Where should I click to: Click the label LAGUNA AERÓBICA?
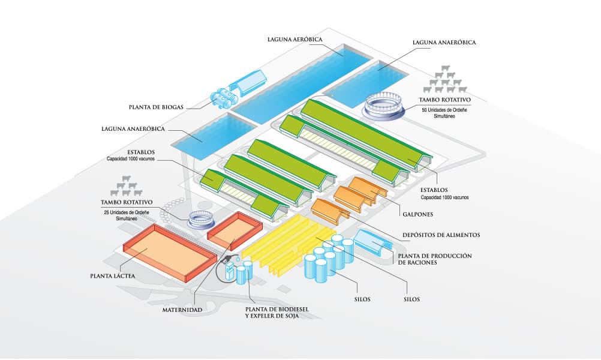(x=296, y=40)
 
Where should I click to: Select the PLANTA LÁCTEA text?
(x=113, y=276)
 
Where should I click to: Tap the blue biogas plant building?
(x=248, y=83)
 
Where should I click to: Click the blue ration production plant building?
(x=372, y=244)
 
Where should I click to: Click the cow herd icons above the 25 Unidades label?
(x=127, y=186)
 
